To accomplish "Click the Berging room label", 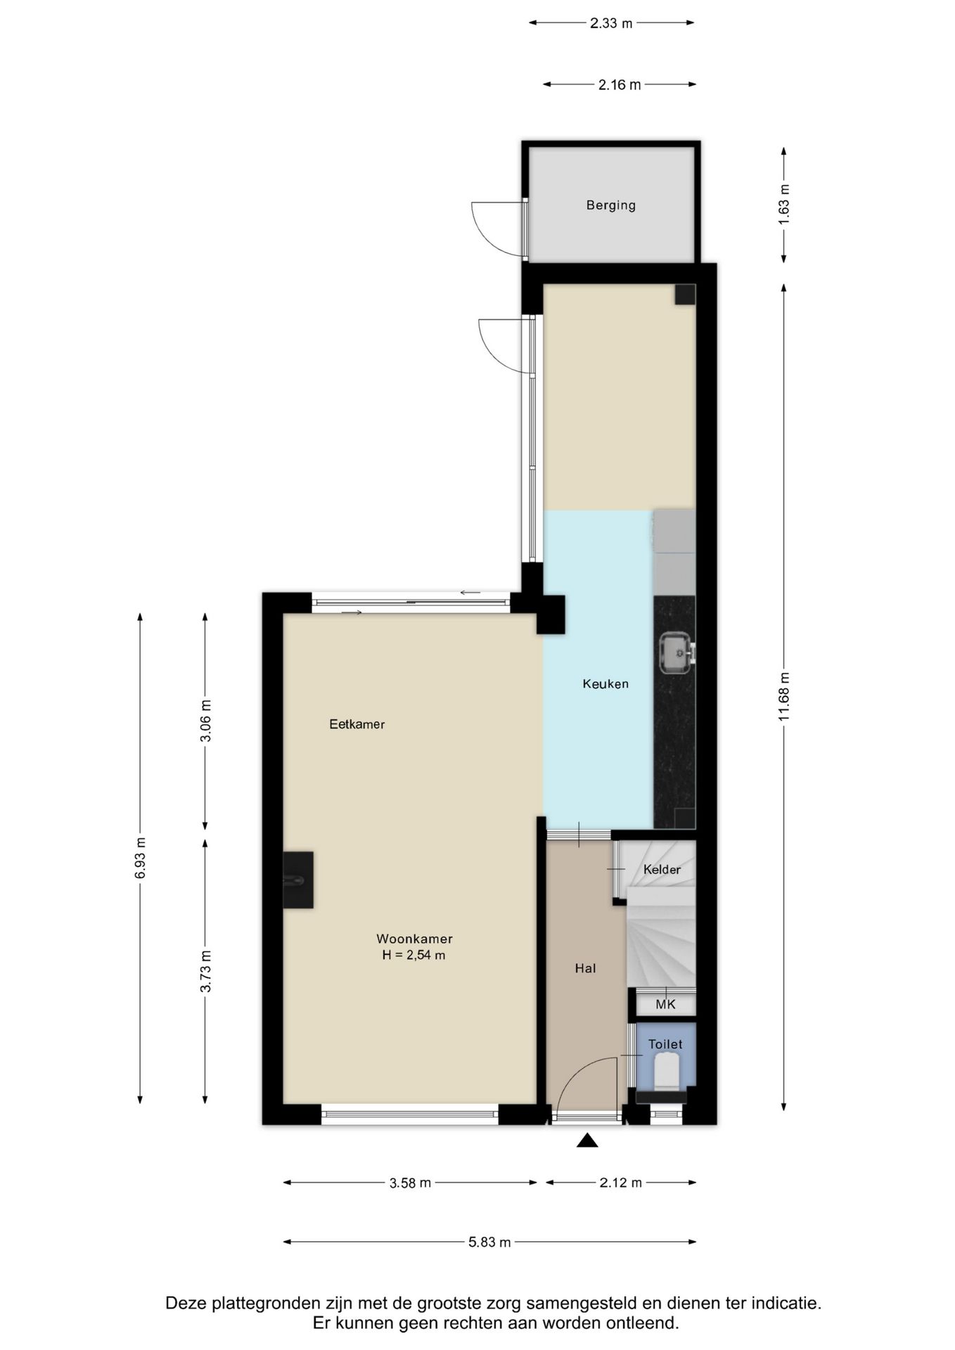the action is [610, 205].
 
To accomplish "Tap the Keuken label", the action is [605, 683].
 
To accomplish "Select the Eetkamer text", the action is [357, 724].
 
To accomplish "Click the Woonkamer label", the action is [414, 939].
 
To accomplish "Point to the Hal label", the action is [585, 968].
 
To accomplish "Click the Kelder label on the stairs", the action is [662, 870].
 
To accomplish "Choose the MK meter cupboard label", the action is [665, 1005].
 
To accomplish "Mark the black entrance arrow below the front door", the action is [587, 1141].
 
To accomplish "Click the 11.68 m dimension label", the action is [785, 697].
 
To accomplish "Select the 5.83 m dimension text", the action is [489, 1242].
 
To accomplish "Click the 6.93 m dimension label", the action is [141, 858].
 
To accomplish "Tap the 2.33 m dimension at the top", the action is [611, 23].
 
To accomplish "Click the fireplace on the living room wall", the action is [298, 880].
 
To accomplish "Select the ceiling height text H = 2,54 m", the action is [414, 955].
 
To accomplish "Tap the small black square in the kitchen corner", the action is [685, 295].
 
